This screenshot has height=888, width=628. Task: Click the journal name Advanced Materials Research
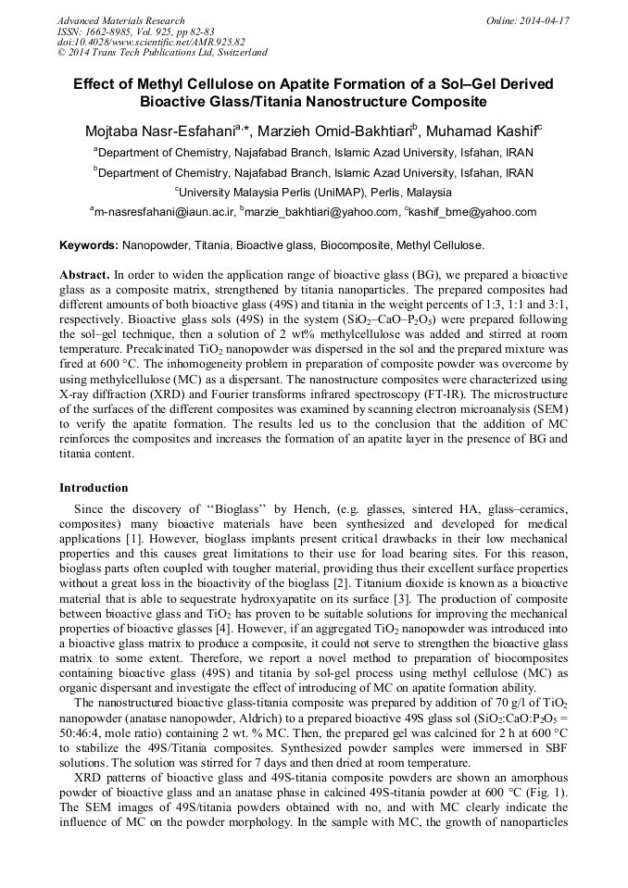coord(120,20)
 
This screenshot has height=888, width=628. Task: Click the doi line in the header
coord(151,43)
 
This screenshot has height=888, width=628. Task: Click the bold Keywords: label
coord(89,245)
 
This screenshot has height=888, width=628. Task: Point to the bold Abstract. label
coord(84,276)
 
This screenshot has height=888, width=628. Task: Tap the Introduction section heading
coord(94,488)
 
